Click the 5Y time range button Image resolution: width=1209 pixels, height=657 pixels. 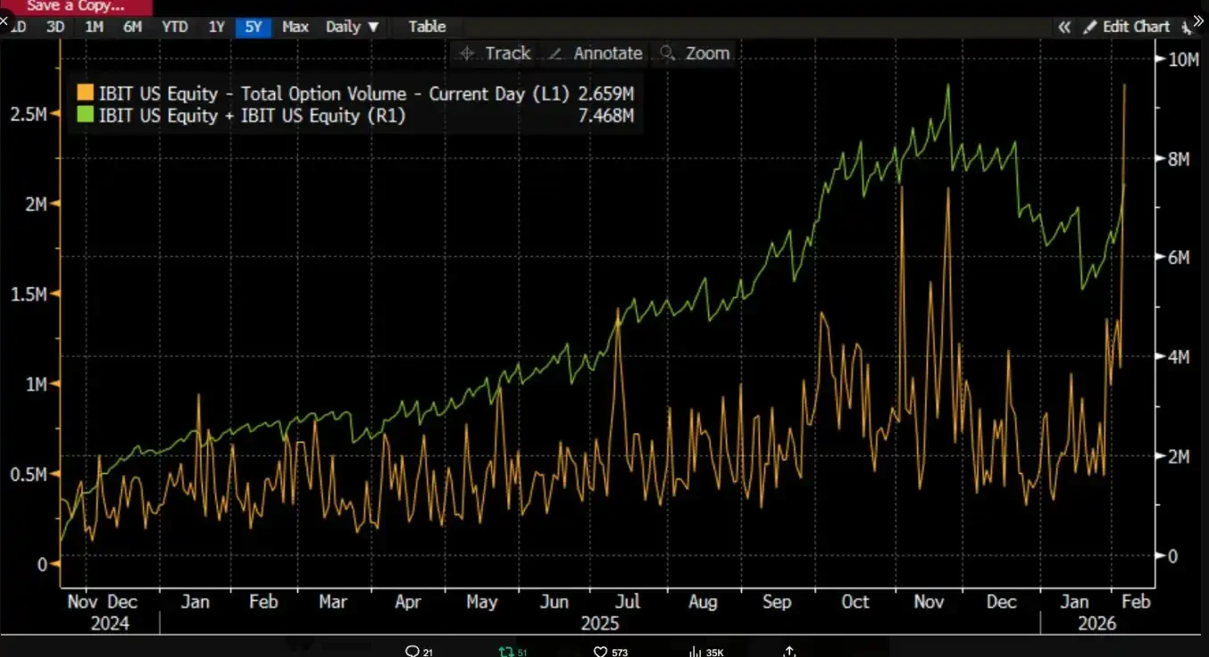(x=254, y=27)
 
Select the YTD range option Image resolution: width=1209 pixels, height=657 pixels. (x=174, y=27)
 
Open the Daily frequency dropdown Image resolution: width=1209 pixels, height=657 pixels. (x=353, y=27)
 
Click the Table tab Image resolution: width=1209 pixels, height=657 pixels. (x=427, y=27)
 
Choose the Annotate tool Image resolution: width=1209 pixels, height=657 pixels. (x=596, y=54)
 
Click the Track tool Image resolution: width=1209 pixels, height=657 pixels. (x=496, y=54)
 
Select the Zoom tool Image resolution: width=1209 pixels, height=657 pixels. (x=696, y=54)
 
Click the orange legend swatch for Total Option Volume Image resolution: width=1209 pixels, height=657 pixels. (x=85, y=94)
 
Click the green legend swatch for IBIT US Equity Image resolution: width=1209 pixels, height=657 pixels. (x=85, y=115)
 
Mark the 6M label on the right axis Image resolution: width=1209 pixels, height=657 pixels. (x=1176, y=258)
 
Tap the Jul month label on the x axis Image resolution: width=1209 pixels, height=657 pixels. (x=629, y=603)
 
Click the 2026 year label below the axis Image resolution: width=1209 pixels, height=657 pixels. (x=1096, y=623)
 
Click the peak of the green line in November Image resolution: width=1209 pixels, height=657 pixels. (x=947, y=85)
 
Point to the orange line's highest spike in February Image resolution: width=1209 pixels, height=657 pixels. (x=1124, y=85)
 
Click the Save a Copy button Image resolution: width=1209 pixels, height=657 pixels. (x=76, y=6)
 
